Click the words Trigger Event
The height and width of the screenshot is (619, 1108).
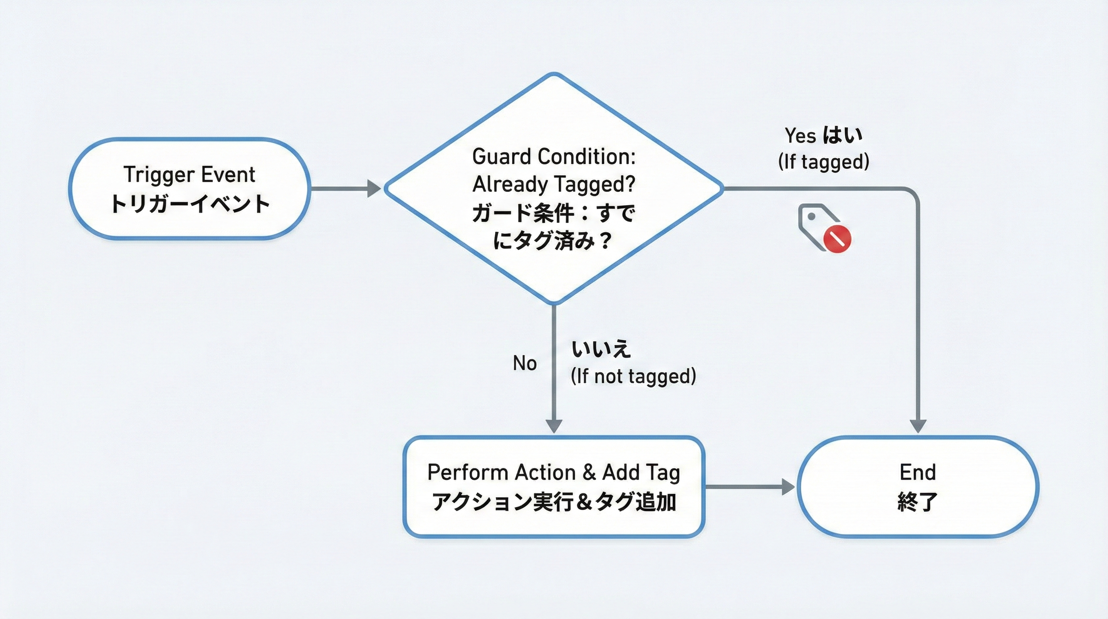pyautogui.click(x=189, y=175)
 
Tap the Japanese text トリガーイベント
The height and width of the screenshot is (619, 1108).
pyautogui.click(x=189, y=204)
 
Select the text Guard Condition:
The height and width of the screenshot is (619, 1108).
pyautogui.click(x=554, y=156)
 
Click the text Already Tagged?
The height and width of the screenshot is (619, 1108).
pyautogui.click(x=554, y=184)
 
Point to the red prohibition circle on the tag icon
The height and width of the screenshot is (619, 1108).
pyautogui.click(x=837, y=238)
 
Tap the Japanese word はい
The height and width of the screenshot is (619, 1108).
pyautogui.click(x=842, y=135)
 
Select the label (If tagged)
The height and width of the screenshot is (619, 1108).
pyautogui.click(x=823, y=162)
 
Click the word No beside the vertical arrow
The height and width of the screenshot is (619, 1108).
pyautogui.click(x=525, y=364)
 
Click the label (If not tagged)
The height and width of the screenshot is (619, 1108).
pyautogui.click(x=633, y=376)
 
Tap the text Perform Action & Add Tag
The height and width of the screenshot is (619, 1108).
pyautogui.click(x=554, y=472)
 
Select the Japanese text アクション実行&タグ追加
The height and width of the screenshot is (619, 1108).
pyautogui.click(x=554, y=502)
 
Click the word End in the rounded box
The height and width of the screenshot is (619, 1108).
pyautogui.click(x=918, y=472)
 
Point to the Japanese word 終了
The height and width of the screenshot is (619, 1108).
pyautogui.click(x=918, y=502)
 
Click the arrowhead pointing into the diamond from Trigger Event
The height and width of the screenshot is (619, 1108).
pyautogui.click(x=373, y=189)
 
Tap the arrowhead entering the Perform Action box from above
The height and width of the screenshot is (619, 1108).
pyautogui.click(x=554, y=425)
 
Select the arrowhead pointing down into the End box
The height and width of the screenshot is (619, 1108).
pyautogui.click(x=918, y=425)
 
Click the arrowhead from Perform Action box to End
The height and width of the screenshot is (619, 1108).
pyautogui.click(x=788, y=487)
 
